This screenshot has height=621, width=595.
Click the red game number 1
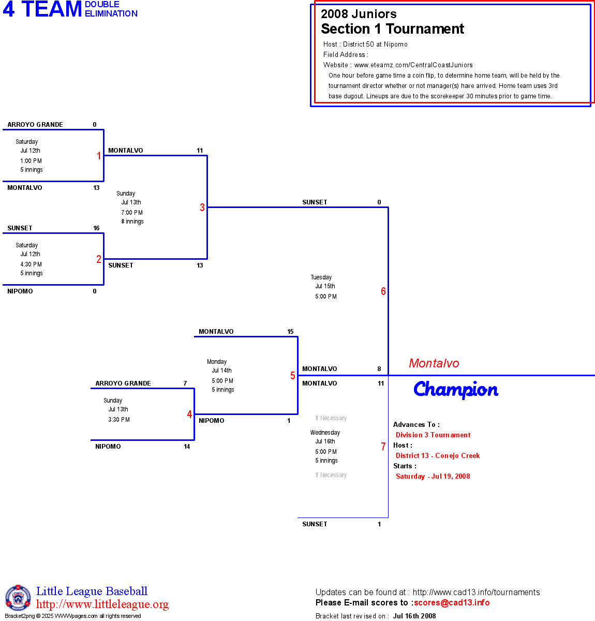99,156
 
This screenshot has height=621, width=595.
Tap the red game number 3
202,208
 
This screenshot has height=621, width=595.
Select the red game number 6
383,291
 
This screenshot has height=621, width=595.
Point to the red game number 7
383,447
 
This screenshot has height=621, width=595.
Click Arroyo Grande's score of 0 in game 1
95,125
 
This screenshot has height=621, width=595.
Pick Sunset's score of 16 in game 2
96,228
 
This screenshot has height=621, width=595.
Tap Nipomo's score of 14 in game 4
187,447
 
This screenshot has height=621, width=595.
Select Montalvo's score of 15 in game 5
290,332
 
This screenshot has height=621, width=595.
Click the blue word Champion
456,390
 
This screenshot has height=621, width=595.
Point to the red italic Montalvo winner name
434,363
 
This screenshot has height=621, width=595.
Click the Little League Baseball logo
18,598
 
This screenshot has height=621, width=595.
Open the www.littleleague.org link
102,604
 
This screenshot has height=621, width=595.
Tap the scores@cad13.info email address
452,602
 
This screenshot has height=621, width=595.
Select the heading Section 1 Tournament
392,29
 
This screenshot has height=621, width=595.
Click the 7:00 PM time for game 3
132,213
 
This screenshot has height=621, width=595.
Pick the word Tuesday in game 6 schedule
321,277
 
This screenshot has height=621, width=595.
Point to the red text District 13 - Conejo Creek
438,456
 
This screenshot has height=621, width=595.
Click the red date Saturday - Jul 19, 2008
433,477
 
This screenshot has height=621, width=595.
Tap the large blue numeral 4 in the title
9,10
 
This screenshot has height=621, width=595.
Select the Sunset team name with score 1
315,524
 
